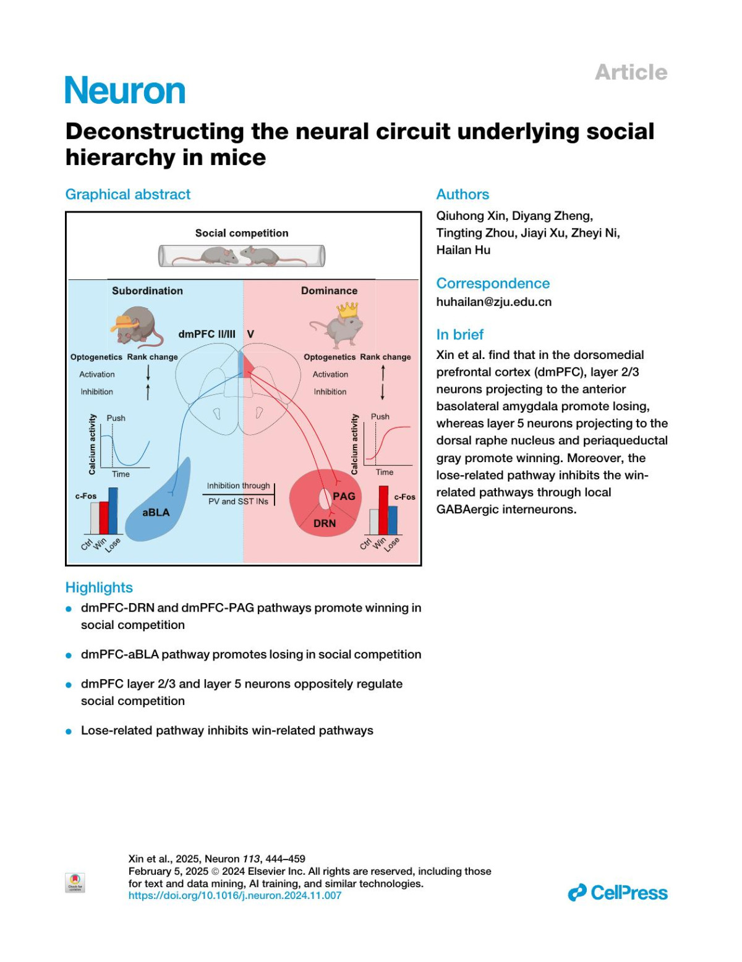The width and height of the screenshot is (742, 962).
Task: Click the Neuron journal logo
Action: (125, 91)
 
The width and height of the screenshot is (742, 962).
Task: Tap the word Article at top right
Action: (631, 72)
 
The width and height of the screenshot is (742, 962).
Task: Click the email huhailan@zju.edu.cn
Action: (493, 302)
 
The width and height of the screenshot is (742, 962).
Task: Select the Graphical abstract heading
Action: (128, 195)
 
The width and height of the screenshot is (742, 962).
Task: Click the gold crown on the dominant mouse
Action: (348, 310)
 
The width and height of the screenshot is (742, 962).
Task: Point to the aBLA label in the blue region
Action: (156, 512)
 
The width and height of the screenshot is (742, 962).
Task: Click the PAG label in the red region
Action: (344, 496)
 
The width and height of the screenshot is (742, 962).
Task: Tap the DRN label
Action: (325, 523)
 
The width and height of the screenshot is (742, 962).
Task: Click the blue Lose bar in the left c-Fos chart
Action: (113, 511)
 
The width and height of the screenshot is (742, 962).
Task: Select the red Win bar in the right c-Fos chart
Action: (383, 510)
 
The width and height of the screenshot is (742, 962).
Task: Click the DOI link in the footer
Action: (235, 895)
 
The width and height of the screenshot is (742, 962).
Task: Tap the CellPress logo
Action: (618, 893)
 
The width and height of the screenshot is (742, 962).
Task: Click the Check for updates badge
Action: (75, 882)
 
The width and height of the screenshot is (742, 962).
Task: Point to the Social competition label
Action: (242, 233)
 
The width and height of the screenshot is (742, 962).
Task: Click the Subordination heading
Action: (147, 290)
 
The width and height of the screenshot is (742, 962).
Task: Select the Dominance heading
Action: (329, 290)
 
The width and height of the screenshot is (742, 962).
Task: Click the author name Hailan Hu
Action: (463, 250)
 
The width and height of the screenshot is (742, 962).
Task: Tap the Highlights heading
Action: (99, 588)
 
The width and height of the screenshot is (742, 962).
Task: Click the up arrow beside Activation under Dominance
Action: (383, 373)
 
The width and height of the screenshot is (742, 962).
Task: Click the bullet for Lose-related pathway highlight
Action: (69, 732)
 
